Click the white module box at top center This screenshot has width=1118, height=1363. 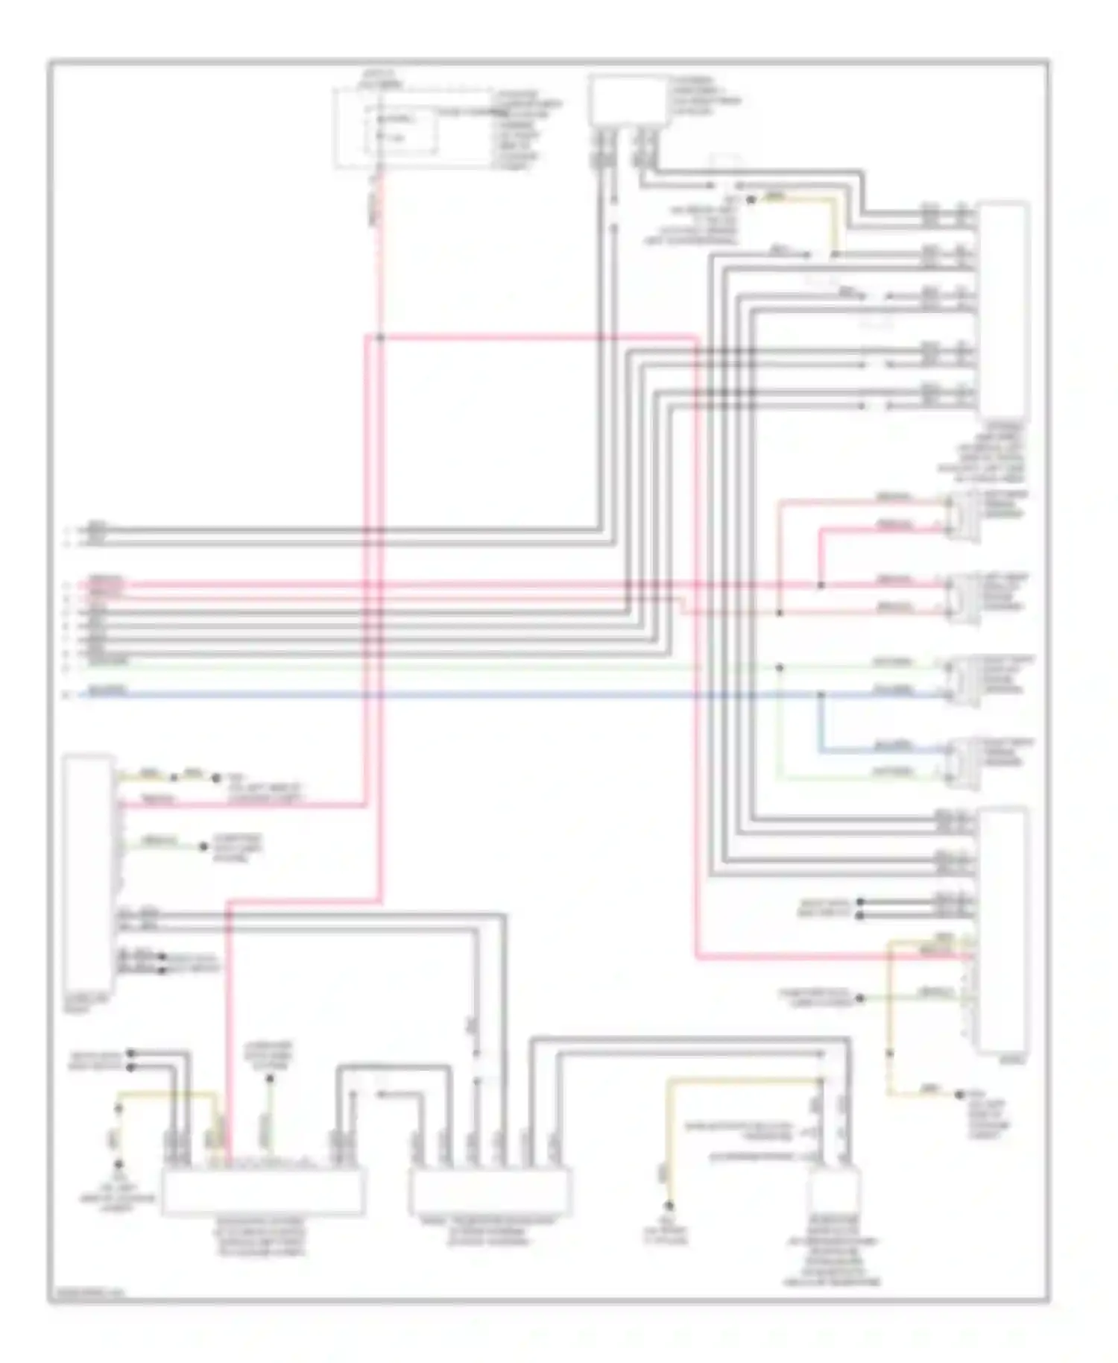(625, 101)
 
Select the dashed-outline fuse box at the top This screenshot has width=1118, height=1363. (412, 128)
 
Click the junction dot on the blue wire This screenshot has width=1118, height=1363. (821, 695)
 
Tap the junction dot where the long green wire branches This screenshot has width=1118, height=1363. (780, 667)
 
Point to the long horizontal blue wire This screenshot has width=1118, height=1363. (447, 695)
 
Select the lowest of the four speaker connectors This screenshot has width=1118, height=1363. (962, 762)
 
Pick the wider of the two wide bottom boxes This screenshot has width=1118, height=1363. (263, 1191)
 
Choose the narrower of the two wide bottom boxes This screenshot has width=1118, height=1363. (490, 1191)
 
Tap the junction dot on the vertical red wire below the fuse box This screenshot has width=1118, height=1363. (379, 338)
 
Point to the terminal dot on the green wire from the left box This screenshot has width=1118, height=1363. (202, 847)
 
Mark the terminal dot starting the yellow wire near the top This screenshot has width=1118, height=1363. (751, 200)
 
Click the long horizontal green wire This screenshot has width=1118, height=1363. (447, 667)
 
